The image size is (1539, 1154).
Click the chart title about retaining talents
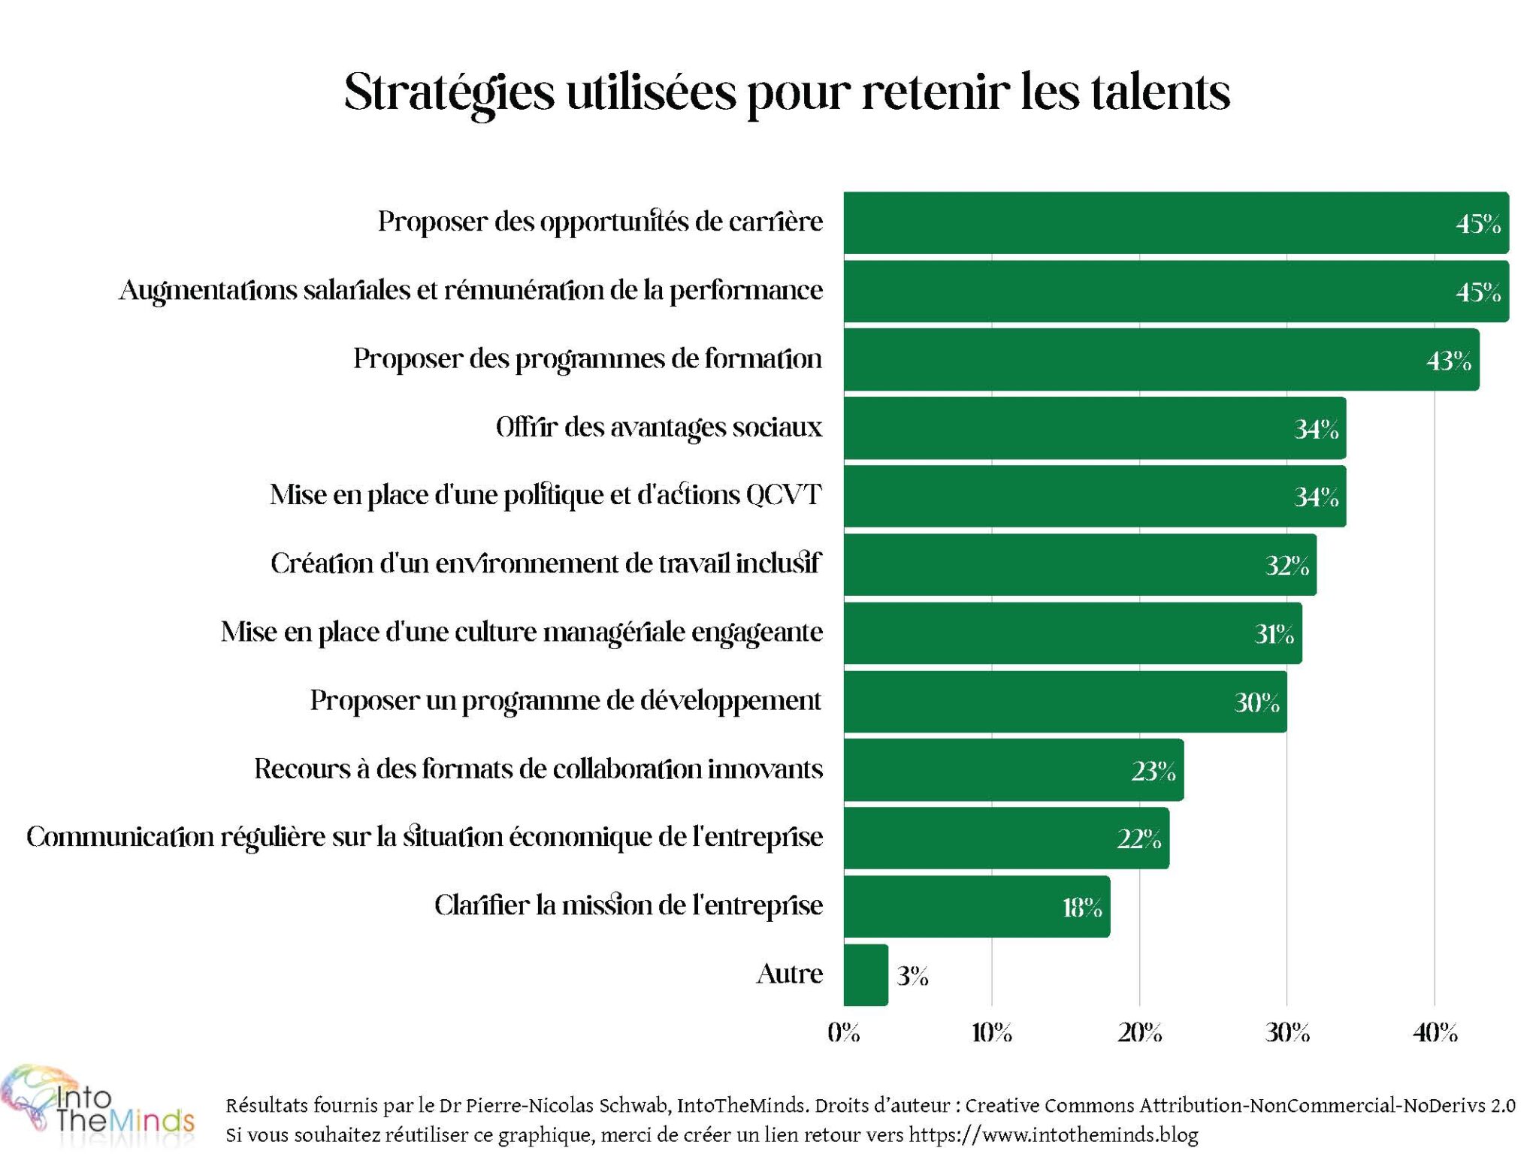pos(787,92)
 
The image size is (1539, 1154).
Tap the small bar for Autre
pos(865,974)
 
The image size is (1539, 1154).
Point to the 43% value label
pos(1448,361)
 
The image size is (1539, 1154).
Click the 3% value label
pos(912,976)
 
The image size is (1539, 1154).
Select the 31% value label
pos(1274,635)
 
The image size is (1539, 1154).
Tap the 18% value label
pos(1081,908)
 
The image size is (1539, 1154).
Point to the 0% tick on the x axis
pos(843,1033)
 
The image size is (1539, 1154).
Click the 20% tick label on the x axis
pos(1139,1033)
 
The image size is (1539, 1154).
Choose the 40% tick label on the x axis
pos(1435,1033)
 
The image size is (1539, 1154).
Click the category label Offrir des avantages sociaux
pos(658,427)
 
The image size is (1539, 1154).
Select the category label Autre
pos(789,974)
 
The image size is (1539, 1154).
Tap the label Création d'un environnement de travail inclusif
pos(546,563)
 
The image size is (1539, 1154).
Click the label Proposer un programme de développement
pos(566,700)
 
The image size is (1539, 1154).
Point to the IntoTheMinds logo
pos(98,1108)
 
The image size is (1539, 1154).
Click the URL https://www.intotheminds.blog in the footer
pos(1053,1134)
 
